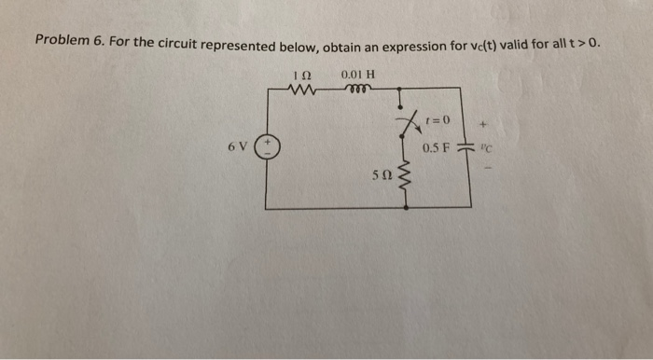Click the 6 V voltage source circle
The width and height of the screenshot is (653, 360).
pyautogui.click(x=267, y=147)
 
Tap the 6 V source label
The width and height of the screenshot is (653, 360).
pyautogui.click(x=237, y=147)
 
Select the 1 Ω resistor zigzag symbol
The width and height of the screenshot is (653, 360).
pyautogui.click(x=304, y=90)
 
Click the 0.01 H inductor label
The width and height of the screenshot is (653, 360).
pyautogui.click(x=358, y=74)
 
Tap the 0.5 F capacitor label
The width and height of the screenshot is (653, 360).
pyautogui.click(x=436, y=147)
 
